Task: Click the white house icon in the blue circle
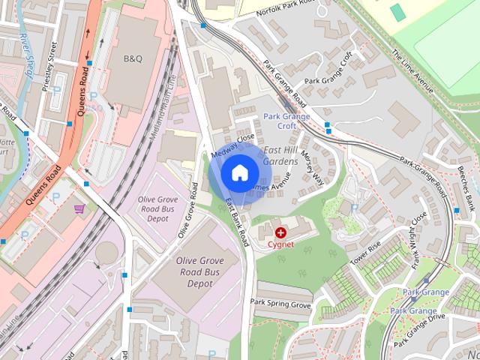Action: [239, 173]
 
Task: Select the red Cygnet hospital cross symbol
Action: [280, 234]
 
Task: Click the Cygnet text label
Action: [280, 244]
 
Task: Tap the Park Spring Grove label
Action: [280, 304]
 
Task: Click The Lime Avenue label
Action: [412, 70]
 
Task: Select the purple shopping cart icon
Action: [79, 208]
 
